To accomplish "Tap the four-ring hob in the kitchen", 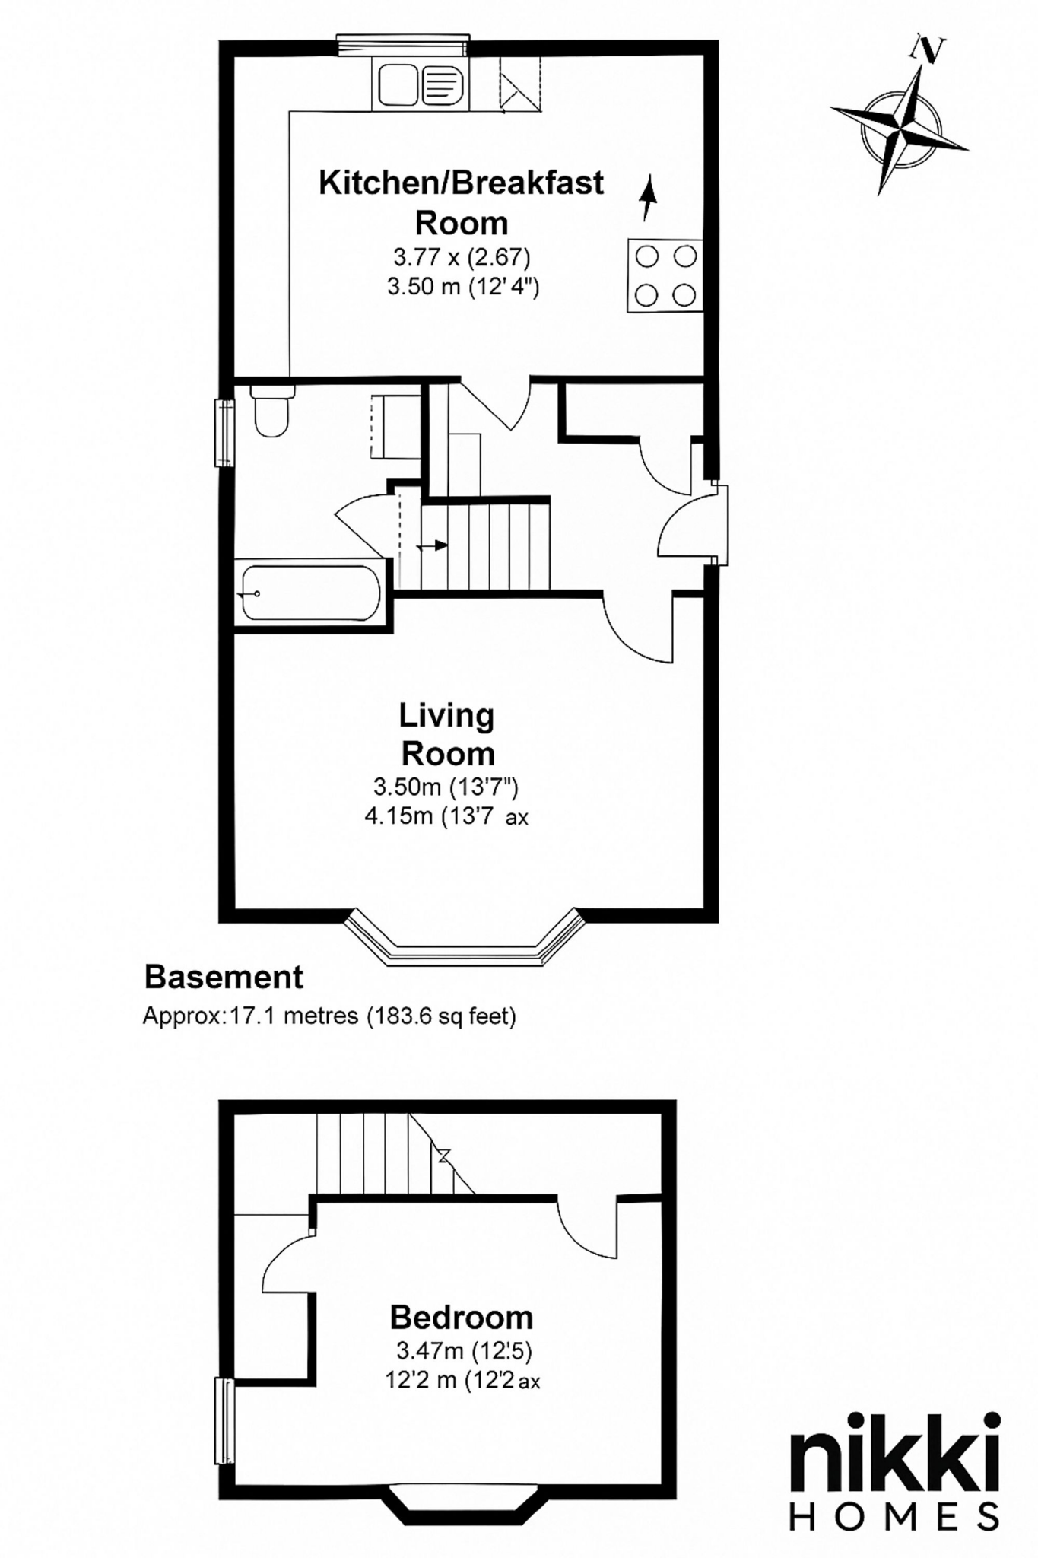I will click(665, 275).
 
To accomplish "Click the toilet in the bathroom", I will click(271, 412).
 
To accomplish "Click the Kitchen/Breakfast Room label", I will click(461, 202).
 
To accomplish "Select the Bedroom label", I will click(461, 1317).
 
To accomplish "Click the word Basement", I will click(224, 977).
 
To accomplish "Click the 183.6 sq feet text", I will click(441, 1016).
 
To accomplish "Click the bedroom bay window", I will click(470, 1503).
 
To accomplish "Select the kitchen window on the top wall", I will click(403, 44).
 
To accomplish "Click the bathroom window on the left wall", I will click(224, 432).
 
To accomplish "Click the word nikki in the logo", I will click(895, 1454).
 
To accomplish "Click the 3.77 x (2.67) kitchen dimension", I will click(462, 257).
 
